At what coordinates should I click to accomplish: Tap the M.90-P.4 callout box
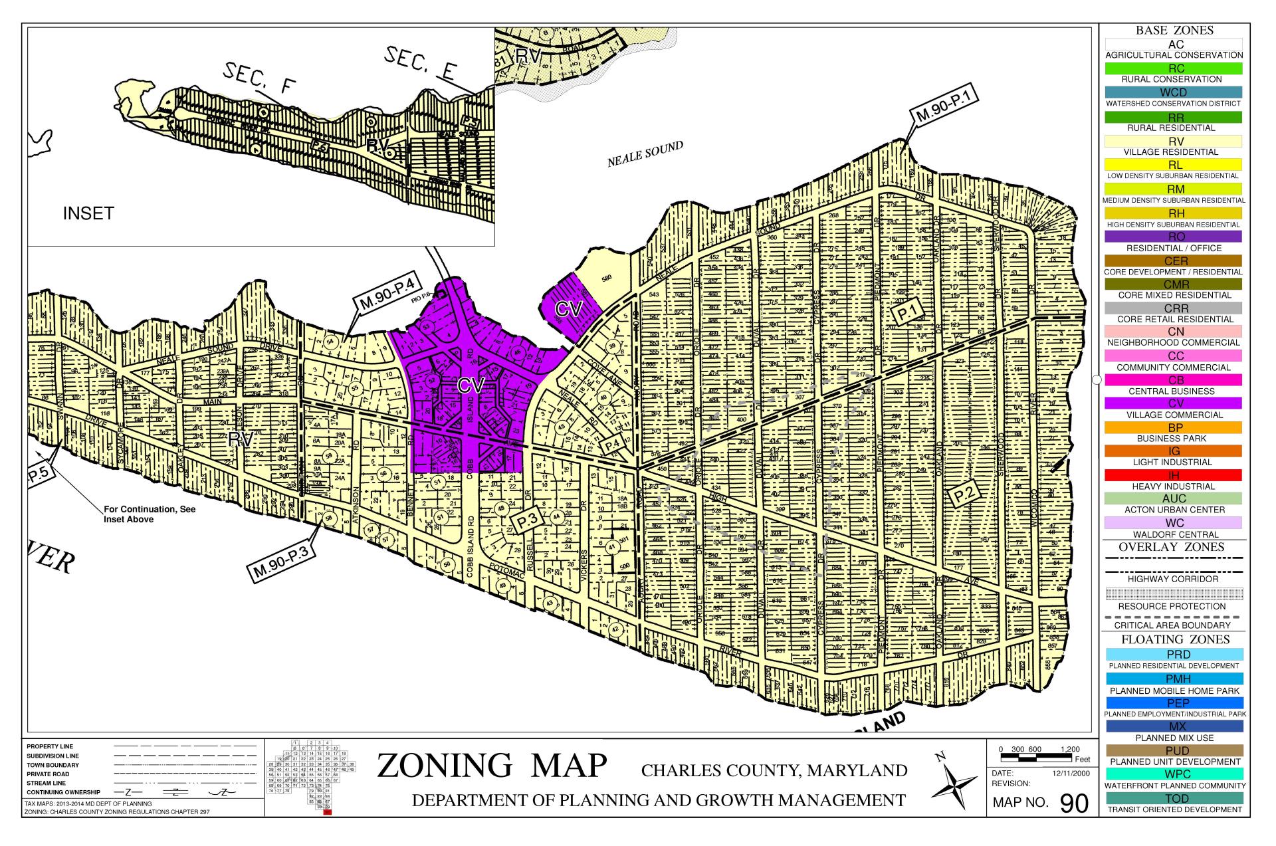387,294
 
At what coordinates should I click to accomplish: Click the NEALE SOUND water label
645,154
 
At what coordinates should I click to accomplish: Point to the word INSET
88,213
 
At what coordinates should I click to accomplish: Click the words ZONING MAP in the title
492,766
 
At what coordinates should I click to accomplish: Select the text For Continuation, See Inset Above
150,514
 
